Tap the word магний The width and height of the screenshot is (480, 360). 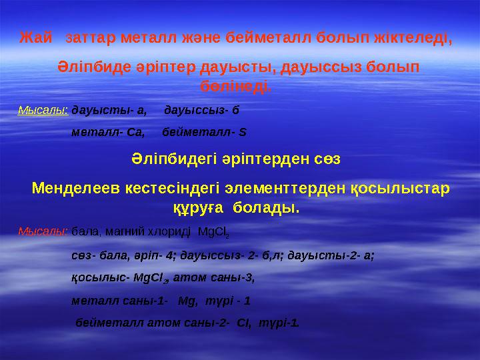click(120, 232)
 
